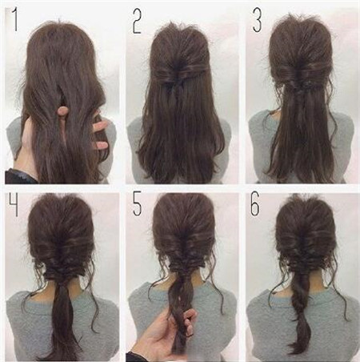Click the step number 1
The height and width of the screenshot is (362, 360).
coord(15,19)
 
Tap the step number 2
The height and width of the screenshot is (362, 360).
coord(137,22)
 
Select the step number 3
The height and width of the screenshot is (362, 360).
coord(258,19)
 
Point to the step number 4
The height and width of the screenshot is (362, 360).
coord(14,204)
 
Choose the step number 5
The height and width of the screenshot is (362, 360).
coord(137,204)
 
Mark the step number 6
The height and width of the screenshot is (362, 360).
coord(254,204)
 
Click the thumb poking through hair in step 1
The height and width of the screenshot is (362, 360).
coord(62,111)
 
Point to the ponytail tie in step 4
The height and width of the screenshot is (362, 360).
coord(62,278)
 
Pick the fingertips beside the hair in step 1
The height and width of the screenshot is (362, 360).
coord(101,135)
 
